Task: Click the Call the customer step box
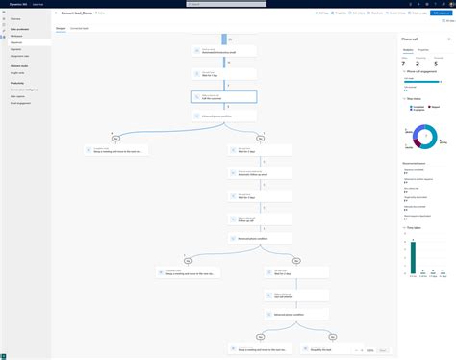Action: (224, 97)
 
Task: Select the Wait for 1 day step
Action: (224, 73)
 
